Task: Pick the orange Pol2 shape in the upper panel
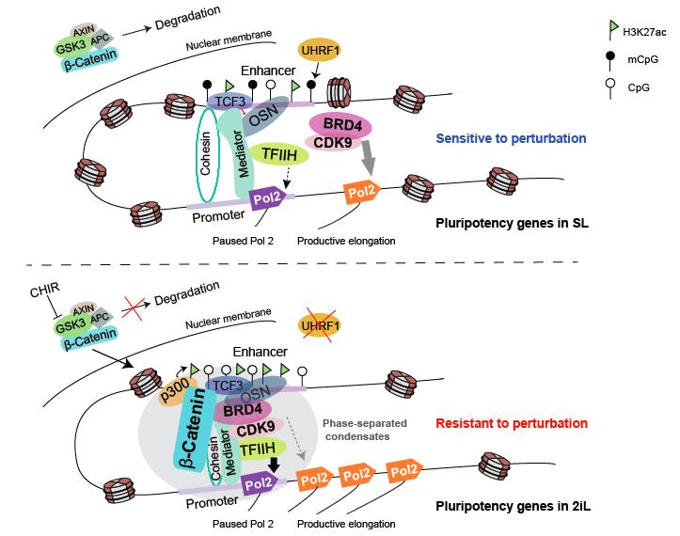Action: click(x=364, y=191)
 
